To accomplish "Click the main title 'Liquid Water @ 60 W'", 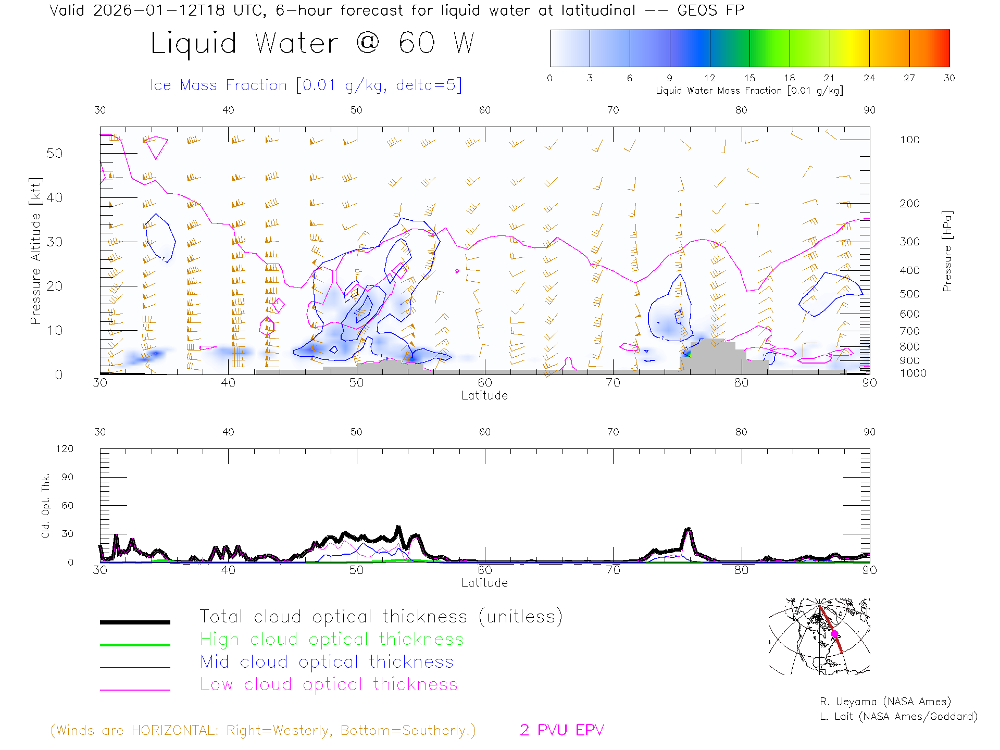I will click(312, 43).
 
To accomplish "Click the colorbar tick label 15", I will click(749, 78).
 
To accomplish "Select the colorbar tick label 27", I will click(909, 78).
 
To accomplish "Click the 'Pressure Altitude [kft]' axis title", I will click(35, 251).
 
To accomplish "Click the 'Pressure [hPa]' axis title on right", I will click(947, 251).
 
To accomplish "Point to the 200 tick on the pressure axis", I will click(909, 204).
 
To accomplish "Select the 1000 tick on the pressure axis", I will click(913, 373).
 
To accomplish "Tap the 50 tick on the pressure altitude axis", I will click(54, 153).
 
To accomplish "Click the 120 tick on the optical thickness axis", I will click(65, 449).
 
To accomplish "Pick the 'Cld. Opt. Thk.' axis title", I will click(46, 505).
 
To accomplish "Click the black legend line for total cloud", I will click(135, 622).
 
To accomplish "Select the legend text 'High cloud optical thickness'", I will click(332, 639).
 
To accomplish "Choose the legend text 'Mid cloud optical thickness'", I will click(327, 662).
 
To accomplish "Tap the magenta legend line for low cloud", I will click(135, 690).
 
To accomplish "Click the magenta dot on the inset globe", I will click(834, 634).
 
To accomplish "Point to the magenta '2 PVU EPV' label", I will click(561, 730).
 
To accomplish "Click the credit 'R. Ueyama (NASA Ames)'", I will click(885, 702).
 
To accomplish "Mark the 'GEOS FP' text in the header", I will click(710, 10).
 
